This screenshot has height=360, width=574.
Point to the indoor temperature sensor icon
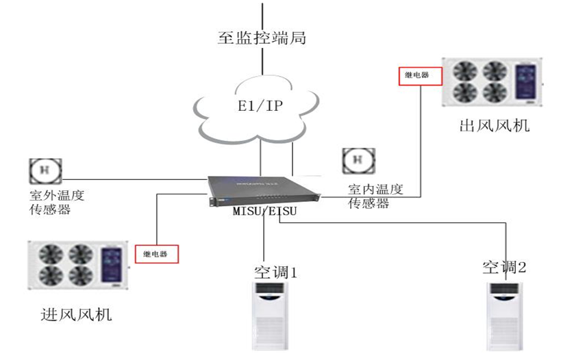click(x=356, y=160)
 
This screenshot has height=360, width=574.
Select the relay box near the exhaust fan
click(x=417, y=75)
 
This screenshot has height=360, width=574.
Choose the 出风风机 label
click(x=495, y=126)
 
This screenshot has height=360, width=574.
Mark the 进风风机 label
click(x=77, y=315)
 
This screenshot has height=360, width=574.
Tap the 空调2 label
click(x=503, y=268)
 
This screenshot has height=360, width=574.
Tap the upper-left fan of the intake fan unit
click(x=51, y=254)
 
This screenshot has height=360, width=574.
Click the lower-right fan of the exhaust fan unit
click(x=495, y=92)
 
